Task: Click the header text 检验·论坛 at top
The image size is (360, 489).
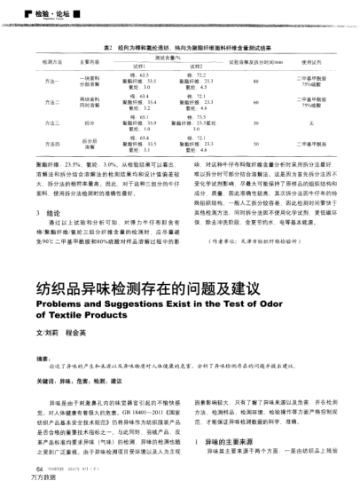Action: tap(38, 14)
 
